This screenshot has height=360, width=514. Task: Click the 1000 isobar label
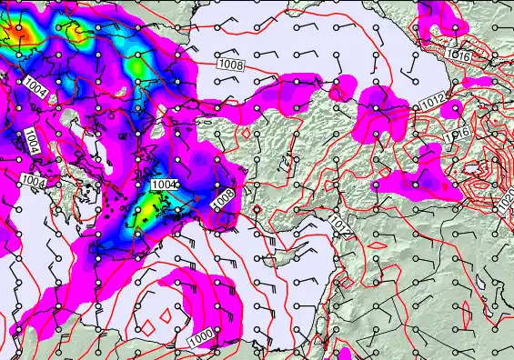[201, 338]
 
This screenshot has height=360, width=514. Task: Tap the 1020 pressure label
[506, 196]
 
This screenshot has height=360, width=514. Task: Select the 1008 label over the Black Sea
[231, 65]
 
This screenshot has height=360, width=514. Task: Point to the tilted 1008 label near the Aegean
[223, 200]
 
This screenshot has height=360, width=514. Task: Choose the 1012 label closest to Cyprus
[338, 224]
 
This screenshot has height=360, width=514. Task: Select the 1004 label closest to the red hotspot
[35, 87]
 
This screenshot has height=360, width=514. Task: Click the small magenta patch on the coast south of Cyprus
[346, 354]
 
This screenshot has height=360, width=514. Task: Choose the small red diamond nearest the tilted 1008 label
[257, 211]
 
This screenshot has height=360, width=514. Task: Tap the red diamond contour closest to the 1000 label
[166, 312]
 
